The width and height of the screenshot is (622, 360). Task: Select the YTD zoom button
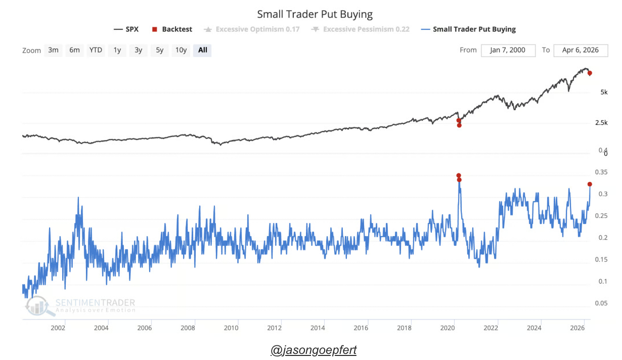(x=96, y=50)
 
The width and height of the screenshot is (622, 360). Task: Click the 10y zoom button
(x=181, y=50)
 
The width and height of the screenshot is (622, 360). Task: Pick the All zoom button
(x=203, y=50)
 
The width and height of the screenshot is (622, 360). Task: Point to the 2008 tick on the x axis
(x=188, y=328)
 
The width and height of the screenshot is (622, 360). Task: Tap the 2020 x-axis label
(x=448, y=328)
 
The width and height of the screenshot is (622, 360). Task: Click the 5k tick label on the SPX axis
(x=604, y=93)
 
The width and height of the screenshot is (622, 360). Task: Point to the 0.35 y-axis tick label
(x=601, y=172)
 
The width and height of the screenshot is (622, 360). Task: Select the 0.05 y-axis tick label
(x=601, y=303)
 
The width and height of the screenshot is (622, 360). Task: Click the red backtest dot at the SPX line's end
(x=590, y=73)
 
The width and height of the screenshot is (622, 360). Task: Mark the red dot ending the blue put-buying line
(x=590, y=184)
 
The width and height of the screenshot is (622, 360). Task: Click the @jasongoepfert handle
(x=314, y=350)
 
